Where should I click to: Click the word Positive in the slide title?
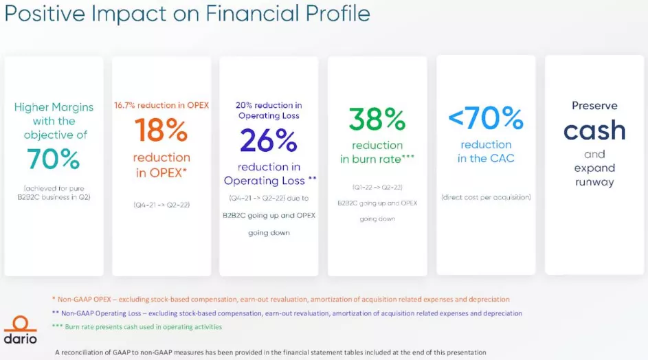(x=45, y=14)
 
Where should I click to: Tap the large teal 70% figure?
(x=54, y=159)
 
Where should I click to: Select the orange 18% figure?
(x=161, y=131)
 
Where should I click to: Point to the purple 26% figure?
(x=269, y=141)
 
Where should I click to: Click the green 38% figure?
(x=377, y=119)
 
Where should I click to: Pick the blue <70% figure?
(x=486, y=117)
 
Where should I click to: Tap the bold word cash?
(x=594, y=131)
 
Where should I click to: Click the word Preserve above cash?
(x=594, y=106)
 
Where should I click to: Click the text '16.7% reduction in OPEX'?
(x=161, y=105)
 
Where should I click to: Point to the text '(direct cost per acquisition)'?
(x=486, y=197)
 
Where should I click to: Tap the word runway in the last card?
(x=594, y=182)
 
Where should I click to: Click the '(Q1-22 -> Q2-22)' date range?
(x=377, y=188)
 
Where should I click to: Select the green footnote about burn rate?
(x=137, y=327)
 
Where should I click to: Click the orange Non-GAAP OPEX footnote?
(x=280, y=300)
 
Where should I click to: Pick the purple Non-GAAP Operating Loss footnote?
(x=287, y=313)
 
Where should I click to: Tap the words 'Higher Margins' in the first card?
(x=54, y=107)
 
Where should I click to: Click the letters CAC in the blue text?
(x=502, y=158)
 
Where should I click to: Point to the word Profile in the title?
(x=337, y=14)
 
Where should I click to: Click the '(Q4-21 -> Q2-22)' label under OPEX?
(x=161, y=205)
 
